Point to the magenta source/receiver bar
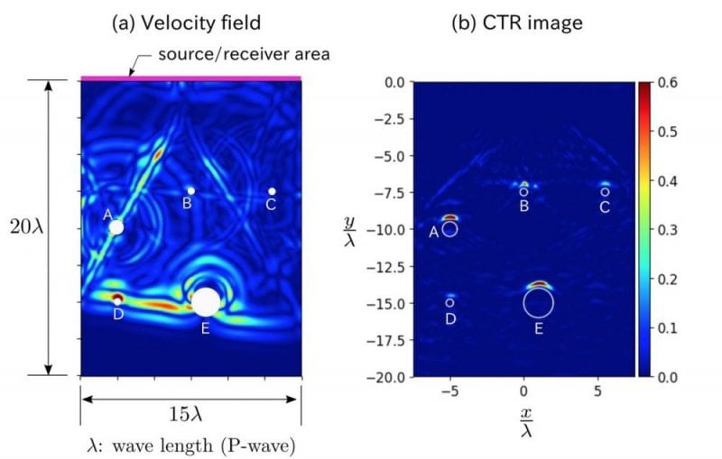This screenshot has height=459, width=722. coord(190,78)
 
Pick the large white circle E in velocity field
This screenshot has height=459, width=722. coord(206,301)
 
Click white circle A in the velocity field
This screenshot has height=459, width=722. coord(116,227)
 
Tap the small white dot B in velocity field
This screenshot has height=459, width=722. coord(190,191)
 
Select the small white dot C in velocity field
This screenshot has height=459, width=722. coord(272,191)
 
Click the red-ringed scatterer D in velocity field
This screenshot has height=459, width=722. coord(117,298)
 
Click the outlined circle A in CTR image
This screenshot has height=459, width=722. coord(449,229)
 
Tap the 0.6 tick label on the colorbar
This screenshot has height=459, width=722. coord(669,83)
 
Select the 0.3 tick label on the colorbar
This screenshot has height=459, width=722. coord(669,230)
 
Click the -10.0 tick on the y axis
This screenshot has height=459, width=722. coord(392,230)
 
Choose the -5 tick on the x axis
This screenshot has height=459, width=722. coord(449,392)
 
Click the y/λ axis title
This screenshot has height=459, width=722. coord(349,229)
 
